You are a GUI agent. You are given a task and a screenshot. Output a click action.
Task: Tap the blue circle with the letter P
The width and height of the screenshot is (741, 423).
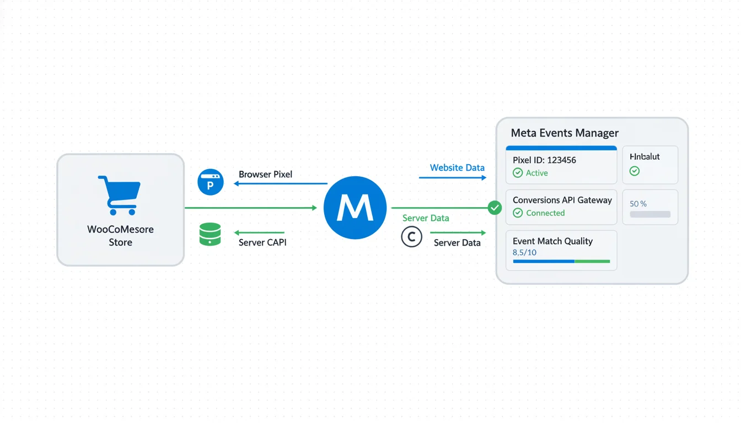(211, 182)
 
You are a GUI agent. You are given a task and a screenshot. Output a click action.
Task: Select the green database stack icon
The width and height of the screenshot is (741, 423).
(210, 235)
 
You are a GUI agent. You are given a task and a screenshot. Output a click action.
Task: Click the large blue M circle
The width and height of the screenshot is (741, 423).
(355, 208)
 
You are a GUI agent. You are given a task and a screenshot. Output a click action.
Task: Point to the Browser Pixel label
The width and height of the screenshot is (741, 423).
(265, 174)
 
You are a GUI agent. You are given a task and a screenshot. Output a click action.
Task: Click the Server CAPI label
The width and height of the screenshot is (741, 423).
(262, 242)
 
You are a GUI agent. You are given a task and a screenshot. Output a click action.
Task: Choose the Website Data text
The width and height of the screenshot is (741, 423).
(457, 167)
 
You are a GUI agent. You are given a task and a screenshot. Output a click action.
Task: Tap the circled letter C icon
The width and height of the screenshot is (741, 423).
(411, 237)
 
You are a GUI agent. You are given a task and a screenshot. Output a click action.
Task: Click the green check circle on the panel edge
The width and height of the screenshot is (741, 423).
(495, 208)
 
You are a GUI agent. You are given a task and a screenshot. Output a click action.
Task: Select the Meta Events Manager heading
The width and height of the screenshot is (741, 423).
(565, 133)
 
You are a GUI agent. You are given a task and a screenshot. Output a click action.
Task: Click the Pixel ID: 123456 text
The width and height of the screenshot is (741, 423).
(544, 160)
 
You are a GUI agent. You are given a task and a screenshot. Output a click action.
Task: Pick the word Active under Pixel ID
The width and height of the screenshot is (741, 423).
(536, 173)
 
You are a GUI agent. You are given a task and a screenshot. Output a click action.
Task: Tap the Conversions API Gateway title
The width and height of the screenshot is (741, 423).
(562, 200)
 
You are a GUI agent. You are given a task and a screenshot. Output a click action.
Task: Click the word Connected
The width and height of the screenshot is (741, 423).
(545, 213)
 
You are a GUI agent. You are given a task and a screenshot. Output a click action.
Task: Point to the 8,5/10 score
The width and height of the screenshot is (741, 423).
(524, 252)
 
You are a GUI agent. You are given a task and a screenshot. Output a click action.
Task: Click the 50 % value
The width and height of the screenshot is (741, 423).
(638, 204)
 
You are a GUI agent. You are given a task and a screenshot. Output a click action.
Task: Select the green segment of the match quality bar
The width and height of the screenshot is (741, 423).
(592, 261)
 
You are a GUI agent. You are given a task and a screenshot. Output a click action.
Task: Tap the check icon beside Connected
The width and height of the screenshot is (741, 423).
(518, 213)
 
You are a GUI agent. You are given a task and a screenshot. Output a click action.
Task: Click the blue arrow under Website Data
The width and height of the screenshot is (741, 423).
(452, 177)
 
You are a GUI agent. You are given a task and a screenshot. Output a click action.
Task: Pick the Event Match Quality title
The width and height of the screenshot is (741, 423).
(552, 241)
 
